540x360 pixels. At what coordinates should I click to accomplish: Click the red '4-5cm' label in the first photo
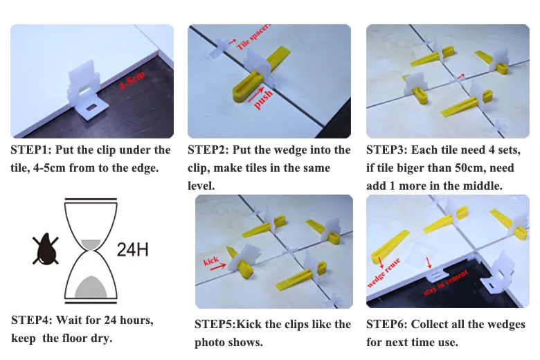132,80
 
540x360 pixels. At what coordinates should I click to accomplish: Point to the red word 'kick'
211,261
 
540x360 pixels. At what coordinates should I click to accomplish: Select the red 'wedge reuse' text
384,273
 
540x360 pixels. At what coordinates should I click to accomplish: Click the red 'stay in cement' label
446,282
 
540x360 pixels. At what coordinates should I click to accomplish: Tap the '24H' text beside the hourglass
133,249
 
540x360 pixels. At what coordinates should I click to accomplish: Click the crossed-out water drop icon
46,249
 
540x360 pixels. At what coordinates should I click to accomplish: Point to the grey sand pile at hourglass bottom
91,287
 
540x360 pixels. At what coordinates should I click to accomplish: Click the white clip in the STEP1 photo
87,90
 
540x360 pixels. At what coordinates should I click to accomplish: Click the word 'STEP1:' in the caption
31,150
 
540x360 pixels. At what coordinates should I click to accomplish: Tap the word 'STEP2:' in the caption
208,150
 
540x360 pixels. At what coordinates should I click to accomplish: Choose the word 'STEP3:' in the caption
387,150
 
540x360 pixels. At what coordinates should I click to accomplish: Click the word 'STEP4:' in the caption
32,320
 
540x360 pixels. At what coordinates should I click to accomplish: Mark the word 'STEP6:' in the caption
387,324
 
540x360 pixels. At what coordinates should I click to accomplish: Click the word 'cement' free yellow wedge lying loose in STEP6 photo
390,247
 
